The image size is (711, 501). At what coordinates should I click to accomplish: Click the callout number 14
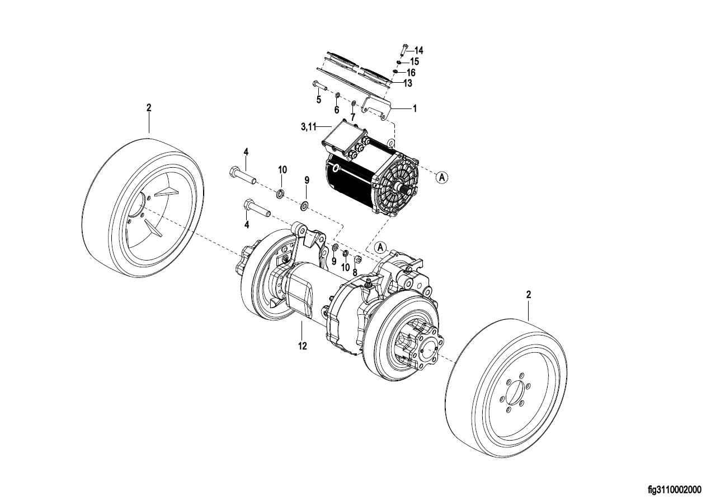418,50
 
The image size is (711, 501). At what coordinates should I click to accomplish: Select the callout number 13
407,83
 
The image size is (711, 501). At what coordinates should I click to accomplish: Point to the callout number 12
302,346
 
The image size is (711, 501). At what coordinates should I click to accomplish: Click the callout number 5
318,100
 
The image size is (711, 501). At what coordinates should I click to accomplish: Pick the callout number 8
354,272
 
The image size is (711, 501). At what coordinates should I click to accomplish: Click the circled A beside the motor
442,177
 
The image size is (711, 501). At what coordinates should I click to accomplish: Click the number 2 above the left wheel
149,108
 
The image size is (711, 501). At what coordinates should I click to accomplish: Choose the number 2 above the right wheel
528,294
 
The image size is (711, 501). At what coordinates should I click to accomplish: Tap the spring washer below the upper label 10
281,194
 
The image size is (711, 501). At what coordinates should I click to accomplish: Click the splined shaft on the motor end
399,188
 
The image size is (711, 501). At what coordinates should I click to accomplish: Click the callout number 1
415,110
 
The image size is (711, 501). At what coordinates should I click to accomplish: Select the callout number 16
411,73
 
